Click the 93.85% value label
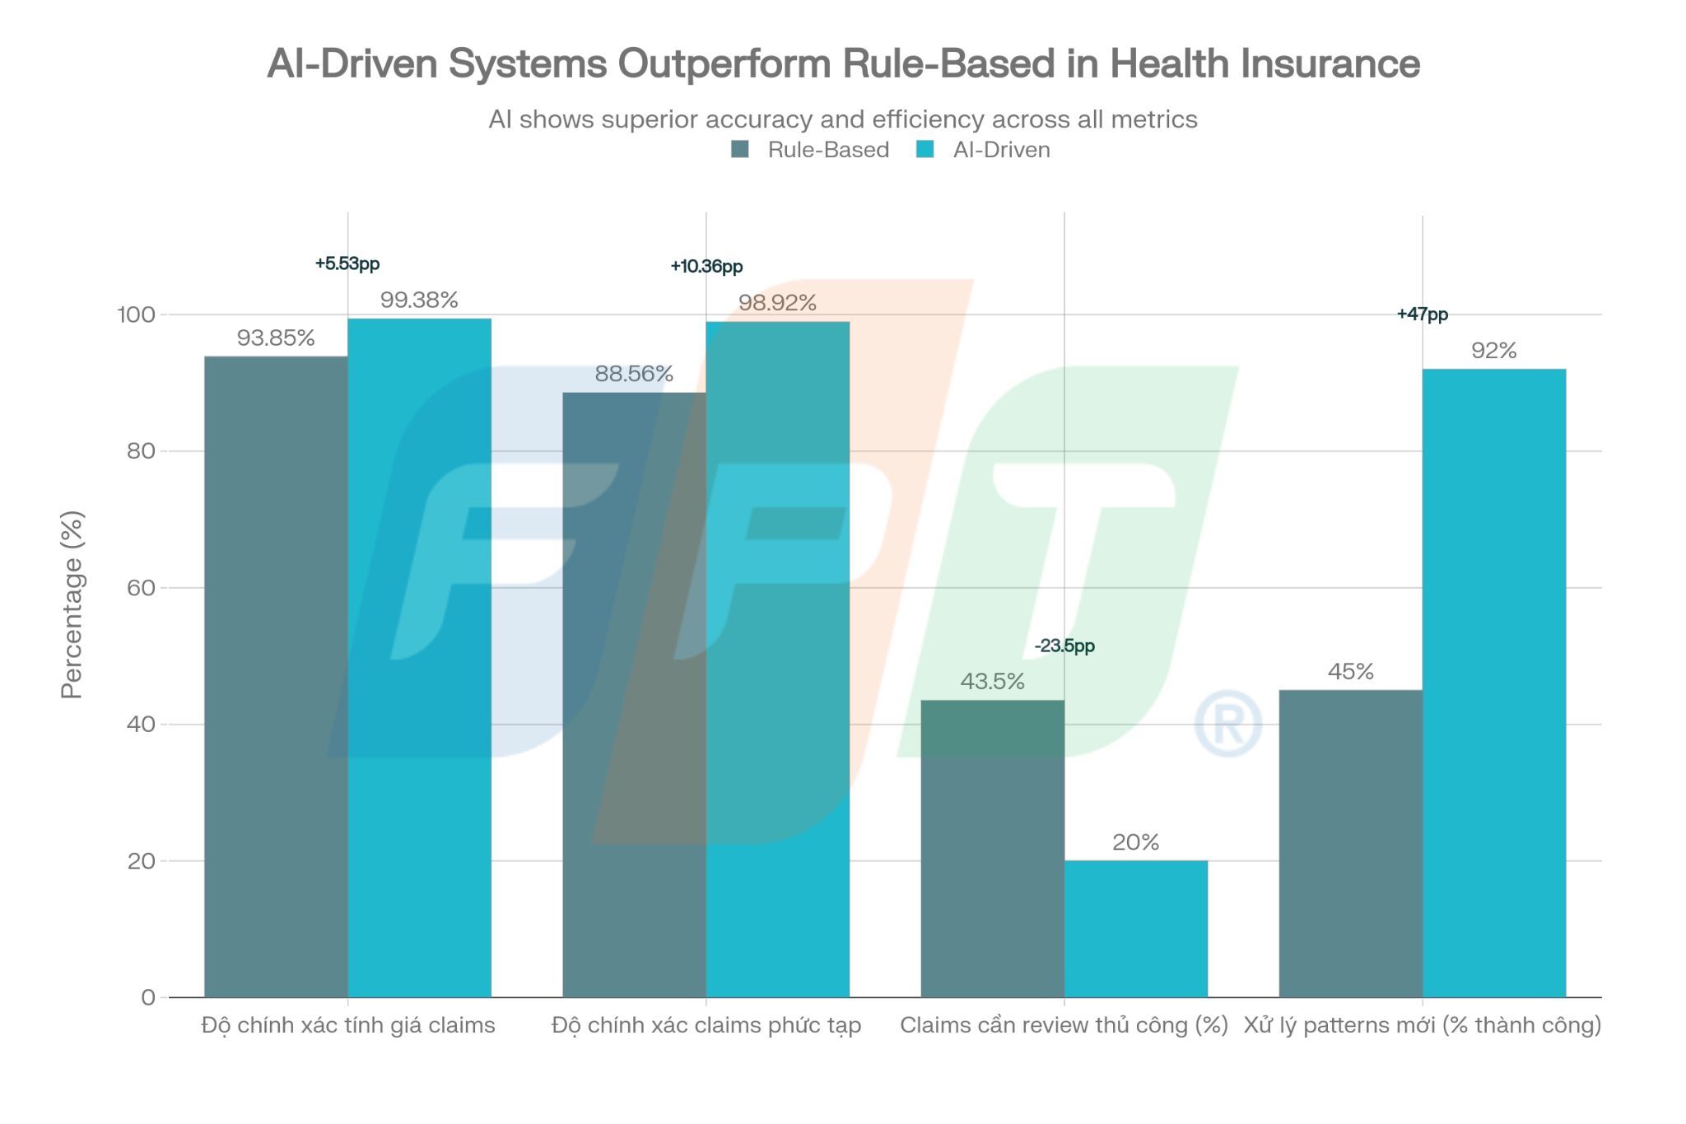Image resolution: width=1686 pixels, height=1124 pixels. click(275, 338)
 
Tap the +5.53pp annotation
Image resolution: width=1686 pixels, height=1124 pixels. click(347, 264)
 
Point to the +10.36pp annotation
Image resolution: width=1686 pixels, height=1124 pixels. click(706, 266)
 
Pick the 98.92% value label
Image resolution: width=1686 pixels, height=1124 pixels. click(776, 303)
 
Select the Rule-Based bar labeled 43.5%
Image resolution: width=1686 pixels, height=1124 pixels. click(992, 848)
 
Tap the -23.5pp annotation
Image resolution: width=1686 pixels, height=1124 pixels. click(1064, 646)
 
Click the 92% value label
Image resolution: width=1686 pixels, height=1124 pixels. click(1493, 351)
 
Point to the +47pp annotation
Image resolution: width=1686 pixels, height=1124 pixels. click(1422, 314)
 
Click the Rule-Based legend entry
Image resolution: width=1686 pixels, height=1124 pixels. click(812, 150)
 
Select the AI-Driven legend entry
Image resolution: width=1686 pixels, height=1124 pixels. click(985, 150)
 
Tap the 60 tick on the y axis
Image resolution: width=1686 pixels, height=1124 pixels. click(142, 587)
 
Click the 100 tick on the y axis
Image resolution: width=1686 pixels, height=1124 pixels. click(136, 315)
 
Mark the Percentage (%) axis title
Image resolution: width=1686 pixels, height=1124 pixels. click(72, 604)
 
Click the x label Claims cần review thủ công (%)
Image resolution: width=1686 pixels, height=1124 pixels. click(1064, 1025)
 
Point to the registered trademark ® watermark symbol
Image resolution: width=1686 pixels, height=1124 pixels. click(1227, 724)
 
